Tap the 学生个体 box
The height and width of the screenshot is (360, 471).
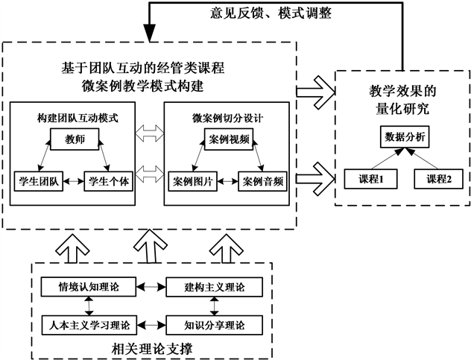point(110,180)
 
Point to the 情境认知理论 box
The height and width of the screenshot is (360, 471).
point(89,285)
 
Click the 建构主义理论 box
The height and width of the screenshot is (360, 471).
point(215,285)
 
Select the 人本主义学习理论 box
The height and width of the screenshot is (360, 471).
point(89,325)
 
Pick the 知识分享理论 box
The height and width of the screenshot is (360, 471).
point(215,325)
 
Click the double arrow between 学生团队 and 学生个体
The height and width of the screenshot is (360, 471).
point(74,180)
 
